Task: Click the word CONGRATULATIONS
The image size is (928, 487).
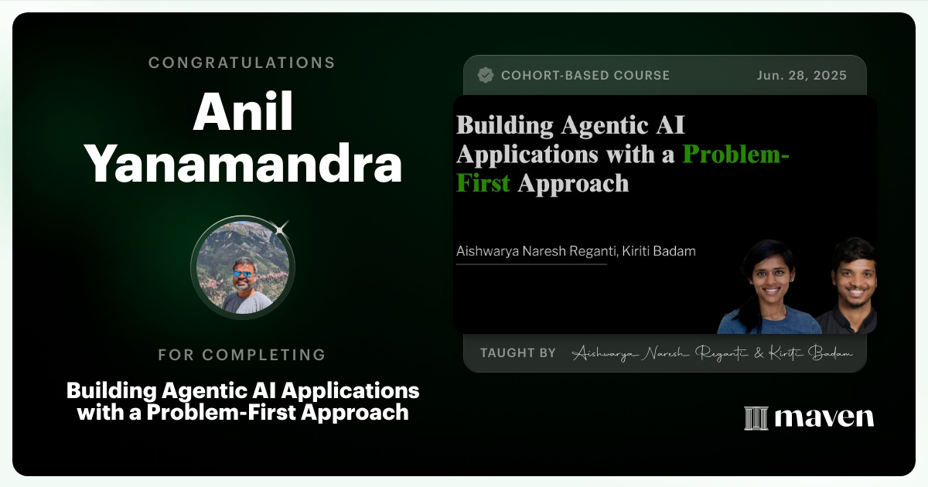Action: (x=242, y=63)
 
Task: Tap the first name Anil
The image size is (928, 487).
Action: (x=242, y=114)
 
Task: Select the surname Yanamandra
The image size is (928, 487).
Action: (x=242, y=165)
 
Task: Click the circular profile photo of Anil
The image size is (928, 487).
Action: (x=242, y=267)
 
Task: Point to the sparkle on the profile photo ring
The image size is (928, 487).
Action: (x=281, y=228)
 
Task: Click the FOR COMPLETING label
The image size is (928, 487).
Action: (x=242, y=355)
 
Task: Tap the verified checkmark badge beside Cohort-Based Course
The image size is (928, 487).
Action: (x=486, y=75)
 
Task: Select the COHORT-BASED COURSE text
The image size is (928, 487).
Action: (x=585, y=75)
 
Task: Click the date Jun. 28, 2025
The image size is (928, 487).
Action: (x=801, y=75)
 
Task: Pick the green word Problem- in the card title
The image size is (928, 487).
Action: (x=735, y=154)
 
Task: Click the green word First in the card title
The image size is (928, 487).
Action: (x=483, y=183)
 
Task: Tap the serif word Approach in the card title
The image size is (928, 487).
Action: (x=573, y=183)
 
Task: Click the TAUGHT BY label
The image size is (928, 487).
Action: (x=517, y=352)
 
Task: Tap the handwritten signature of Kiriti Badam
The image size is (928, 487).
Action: (x=810, y=353)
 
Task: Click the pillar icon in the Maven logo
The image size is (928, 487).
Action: (x=755, y=418)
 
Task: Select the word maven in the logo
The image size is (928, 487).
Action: (x=824, y=418)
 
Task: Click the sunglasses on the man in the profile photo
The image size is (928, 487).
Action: (x=242, y=273)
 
